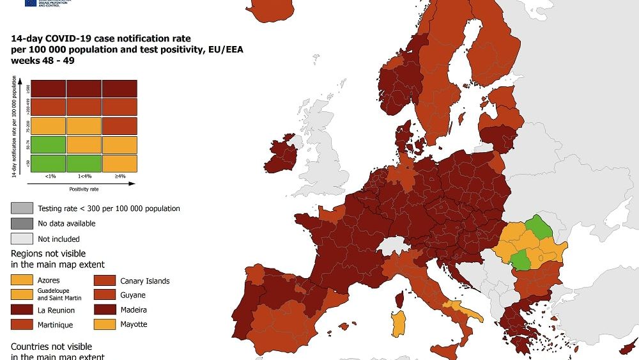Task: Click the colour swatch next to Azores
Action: [x=22, y=281]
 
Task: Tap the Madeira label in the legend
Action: [x=132, y=310]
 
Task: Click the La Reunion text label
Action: [x=56, y=310]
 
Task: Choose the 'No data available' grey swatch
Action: [x=22, y=224]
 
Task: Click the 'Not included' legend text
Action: [x=59, y=239]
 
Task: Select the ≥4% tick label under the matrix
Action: [x=119, y=175]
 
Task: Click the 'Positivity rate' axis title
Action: [x=84, y=189]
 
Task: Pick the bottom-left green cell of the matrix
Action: [x=48, y=162]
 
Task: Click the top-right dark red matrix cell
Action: [x=119, y=88]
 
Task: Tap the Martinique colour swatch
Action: [x=22, y=324]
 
